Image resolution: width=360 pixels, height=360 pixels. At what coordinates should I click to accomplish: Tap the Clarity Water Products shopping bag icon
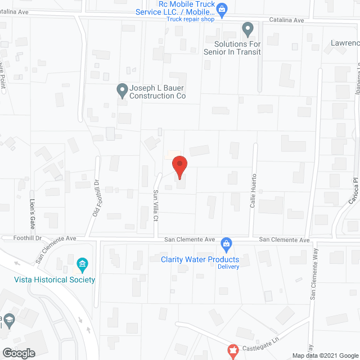(x=226, y=244)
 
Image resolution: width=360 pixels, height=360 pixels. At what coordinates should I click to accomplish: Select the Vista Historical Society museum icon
(x=82, y=264)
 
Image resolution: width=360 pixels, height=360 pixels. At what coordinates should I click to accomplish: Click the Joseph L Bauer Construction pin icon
(x=121, y=89)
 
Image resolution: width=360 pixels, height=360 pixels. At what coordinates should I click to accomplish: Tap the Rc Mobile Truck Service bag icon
(x=222, y=8)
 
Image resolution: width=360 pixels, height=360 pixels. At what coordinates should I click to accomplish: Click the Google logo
(x=19, y=353)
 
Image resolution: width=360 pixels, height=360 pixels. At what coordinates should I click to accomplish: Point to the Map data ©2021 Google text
(x=323, y=355)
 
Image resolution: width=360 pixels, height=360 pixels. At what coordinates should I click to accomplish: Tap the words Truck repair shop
(x=191, y=19)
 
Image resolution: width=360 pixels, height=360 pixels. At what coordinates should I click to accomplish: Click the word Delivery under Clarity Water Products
(x=228, y=267)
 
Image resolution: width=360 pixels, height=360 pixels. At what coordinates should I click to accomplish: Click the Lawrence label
(x=345, y=43)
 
